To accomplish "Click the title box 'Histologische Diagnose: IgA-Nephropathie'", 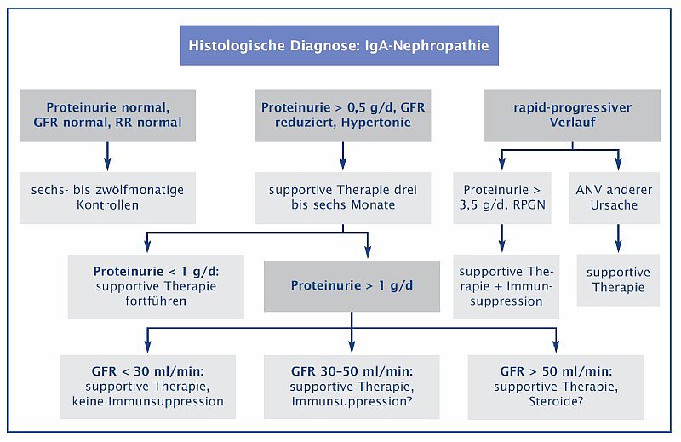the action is pos(339,45).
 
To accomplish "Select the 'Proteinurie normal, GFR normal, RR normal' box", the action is pos(107,116).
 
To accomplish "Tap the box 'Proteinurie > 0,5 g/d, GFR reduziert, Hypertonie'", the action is pos(343,116).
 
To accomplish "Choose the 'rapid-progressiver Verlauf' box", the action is pos(572,116).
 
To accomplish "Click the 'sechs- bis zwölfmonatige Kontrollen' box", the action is pos(107,198).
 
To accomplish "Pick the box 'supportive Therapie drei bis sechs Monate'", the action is pos(343,198).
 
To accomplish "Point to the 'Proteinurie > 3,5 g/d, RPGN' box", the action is pos(502,198).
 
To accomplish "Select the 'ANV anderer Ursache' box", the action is pos(614,198).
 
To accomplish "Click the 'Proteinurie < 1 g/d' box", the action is pos(156,286).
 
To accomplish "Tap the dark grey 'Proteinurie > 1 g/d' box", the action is pos(352,286).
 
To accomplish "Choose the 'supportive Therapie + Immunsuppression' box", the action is pos(506,286).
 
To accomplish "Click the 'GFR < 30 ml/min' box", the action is pos(147,387).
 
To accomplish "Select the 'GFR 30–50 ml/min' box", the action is pos(352,387).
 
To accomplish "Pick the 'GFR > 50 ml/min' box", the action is pos(556,387).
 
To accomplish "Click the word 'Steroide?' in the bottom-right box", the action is pos(556,401).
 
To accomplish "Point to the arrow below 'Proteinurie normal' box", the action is pos(107,156).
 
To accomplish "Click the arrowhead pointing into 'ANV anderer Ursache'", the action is pos(619,164).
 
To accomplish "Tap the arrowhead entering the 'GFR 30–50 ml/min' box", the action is pos(352,347).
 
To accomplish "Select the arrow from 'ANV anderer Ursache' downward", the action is pos(619,238).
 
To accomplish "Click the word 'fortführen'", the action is pos(156,301).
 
